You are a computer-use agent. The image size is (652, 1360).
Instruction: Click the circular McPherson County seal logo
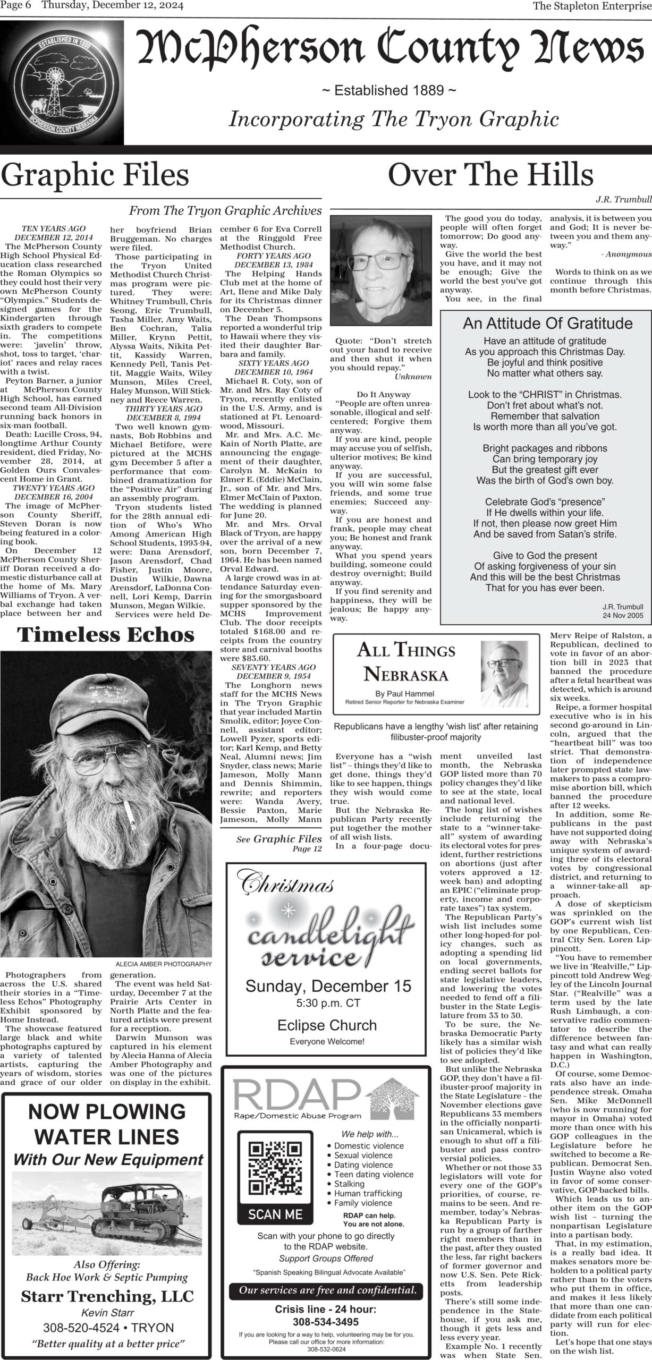tap(62, 85)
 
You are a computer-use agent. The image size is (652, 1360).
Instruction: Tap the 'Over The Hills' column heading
tap(490, 175)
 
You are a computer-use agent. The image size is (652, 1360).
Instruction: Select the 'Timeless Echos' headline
tap(106, 635)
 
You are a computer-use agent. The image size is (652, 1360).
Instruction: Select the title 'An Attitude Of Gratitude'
tap(547, 324)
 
